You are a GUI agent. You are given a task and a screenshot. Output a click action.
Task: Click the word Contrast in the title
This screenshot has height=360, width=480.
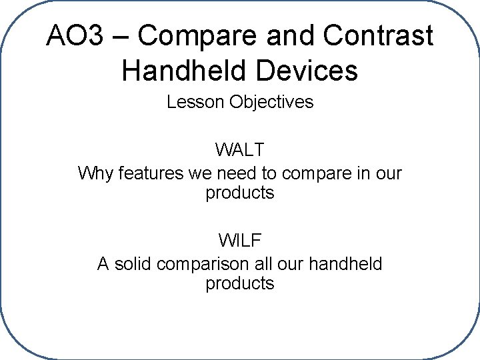[x=378, y=36]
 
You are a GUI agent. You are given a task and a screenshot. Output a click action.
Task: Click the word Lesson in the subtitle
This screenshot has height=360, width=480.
[x=195, y=103]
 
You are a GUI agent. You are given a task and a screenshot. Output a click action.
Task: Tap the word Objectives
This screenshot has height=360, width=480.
[x=271, y=103]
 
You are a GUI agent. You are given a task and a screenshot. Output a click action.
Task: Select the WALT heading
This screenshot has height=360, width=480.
[x=239, y=149]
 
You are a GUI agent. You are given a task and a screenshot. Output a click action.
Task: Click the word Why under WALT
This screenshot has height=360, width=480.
[x=96, y=173]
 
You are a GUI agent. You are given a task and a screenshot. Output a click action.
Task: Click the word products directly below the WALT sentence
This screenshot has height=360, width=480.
[x=240, y=194]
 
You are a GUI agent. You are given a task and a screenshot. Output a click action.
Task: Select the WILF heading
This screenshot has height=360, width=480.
[x=239, y=239]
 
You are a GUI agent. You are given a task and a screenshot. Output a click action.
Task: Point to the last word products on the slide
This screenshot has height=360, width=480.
[x=240, y=284]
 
